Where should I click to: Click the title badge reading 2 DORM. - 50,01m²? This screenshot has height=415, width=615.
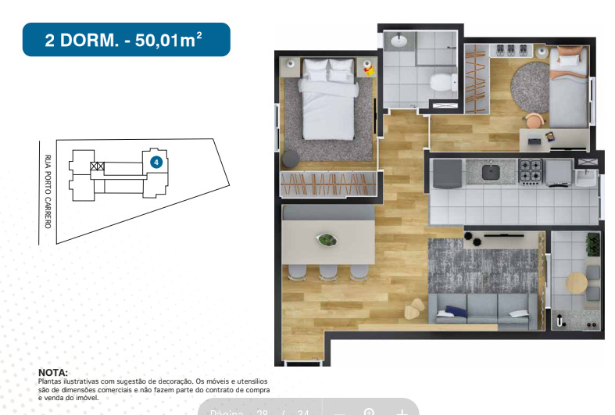pyautogui.click(x=126, y=40)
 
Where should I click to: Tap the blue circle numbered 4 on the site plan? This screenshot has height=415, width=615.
pyautogui.click(x=156, y=162)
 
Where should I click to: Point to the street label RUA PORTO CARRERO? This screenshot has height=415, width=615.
pyautogui.click(x=48, y=191)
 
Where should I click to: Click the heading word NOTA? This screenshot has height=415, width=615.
pyautogui.click(x=53, y=373)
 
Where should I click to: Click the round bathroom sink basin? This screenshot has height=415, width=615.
pyautogui.click(x=398, y=40)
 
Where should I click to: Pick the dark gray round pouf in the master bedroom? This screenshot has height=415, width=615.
pyautogui.click(x=291, y=158)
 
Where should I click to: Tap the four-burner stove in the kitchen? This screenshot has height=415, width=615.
pyautogui.click(x=531, y=170)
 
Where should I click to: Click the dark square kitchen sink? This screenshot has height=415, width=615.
pyautogui.click(x=491, y=170)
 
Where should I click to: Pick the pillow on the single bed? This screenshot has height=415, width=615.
pyautogui.click(x=569, y=56)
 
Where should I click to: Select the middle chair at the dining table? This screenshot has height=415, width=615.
pyautogui.click(x=326, y=271)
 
